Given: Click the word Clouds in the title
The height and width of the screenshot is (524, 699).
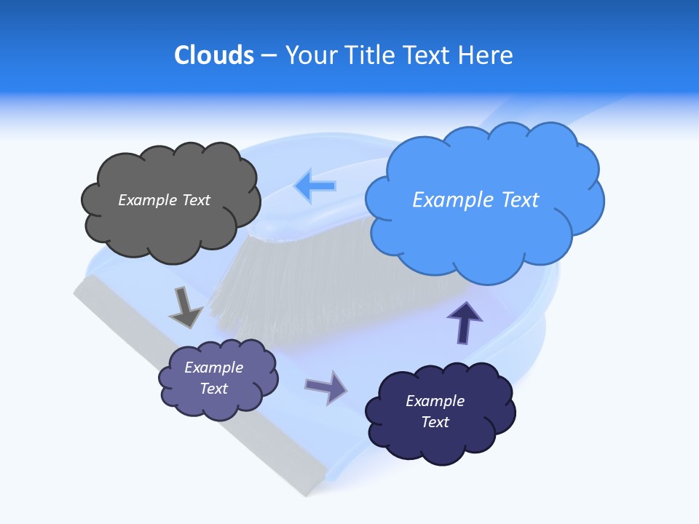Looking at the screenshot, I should [x=213, y=55].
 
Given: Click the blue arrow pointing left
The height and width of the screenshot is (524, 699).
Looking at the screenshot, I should [x=315, y=186].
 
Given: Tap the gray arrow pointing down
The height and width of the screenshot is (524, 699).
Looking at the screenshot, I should [x=185, y=307].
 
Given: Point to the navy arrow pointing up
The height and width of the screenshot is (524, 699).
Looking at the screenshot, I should [x=465, y=322].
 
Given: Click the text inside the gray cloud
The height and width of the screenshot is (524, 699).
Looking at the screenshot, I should [x=164, y=200].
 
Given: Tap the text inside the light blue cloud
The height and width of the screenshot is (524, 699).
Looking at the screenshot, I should [x=475, y=199].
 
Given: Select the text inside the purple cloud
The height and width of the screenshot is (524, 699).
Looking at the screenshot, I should [x=214, y=378].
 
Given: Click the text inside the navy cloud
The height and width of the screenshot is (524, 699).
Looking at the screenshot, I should [x=435, y=411].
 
